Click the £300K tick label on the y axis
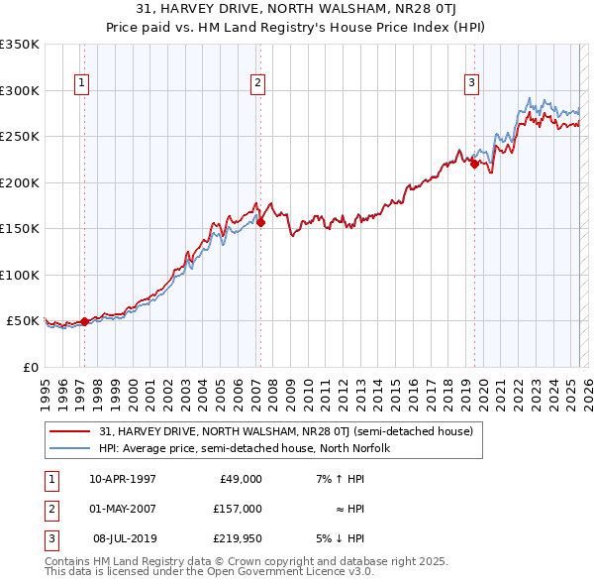[20, 90]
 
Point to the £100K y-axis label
[20, 275]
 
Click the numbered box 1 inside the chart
[80, 83]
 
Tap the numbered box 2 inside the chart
[256, 83]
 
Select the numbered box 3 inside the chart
[471, 83]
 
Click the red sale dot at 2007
[260, 223]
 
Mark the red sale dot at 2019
[474, 165]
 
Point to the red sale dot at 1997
[84, 321]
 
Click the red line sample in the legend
[70, 431]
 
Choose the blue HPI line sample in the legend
[70, 448]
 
